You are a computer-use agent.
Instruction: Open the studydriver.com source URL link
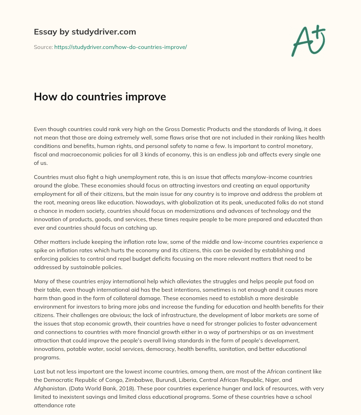[x=120, y=47]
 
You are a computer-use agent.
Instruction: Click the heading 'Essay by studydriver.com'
[x=85, y=32]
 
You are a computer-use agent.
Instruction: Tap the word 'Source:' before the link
[x=43, y=47]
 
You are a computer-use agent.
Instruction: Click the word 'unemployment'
[x=134, y=177]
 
